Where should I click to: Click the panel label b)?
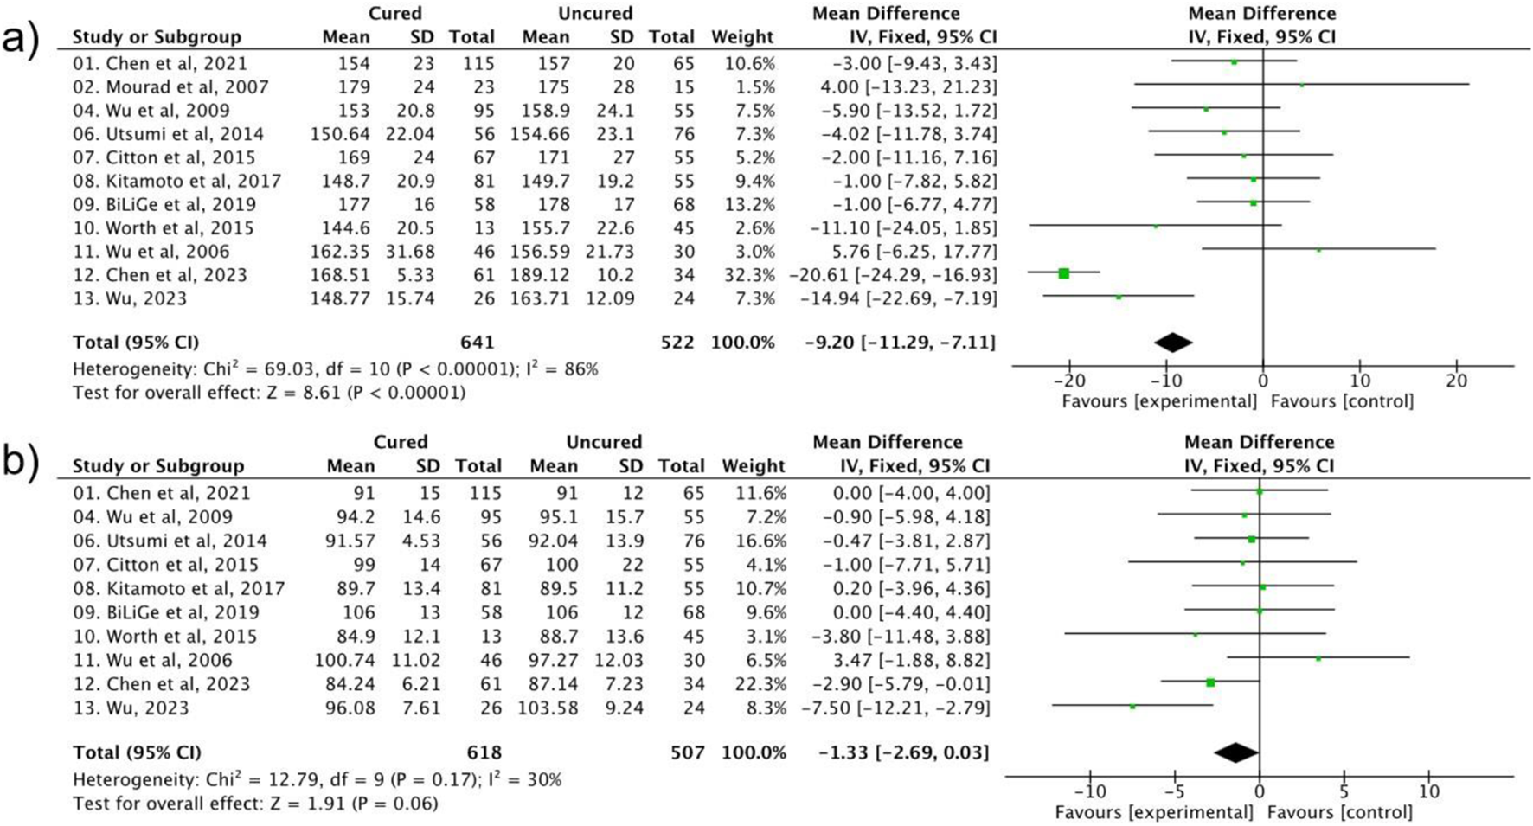(x=19, y=464)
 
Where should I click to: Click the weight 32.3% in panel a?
(x=743, y=275)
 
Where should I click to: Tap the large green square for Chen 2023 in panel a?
(x=1064, y=273)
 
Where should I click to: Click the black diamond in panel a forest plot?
(x=1173, y=343)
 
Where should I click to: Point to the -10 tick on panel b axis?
(x=1089, y=791)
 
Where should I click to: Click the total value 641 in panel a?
(x=478, y=343)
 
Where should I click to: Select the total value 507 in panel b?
(x=687, y=752)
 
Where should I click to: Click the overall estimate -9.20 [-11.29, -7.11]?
(x=900, y=343)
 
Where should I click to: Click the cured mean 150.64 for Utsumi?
(x=341, y=134)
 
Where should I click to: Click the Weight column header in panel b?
(x=754, y=465)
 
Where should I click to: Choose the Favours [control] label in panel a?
(x=1342, y=401)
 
